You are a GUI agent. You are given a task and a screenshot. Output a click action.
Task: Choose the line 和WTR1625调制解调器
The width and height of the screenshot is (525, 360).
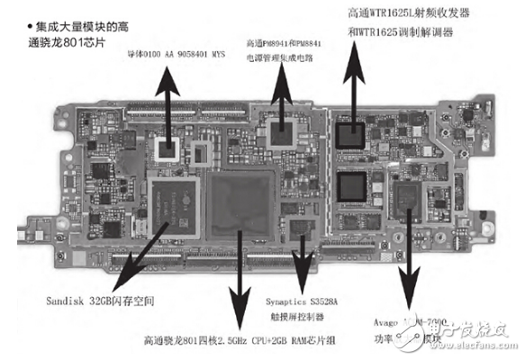[x=400, y=34]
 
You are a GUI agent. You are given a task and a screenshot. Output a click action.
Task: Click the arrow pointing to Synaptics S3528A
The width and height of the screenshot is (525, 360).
[x=303, y=261]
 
